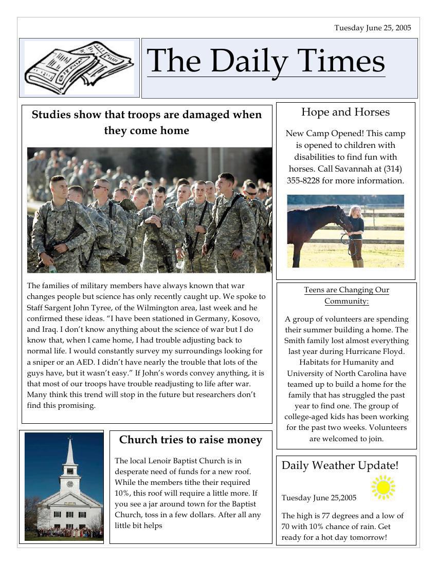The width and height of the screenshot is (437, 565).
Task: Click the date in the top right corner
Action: (373, 28)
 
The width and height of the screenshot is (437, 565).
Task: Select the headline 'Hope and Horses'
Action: (345, 112)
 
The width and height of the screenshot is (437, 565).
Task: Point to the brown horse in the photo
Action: (314, 226)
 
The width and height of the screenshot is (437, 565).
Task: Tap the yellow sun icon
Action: (383, 487)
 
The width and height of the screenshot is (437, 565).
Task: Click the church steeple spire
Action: (70, 452)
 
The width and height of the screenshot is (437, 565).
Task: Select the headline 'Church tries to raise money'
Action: (191, 440)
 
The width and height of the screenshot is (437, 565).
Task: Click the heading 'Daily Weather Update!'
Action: (340, 466)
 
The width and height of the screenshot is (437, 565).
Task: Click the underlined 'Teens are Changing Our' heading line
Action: (347, 290)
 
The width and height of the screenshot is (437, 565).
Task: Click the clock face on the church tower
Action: (70, 484)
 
